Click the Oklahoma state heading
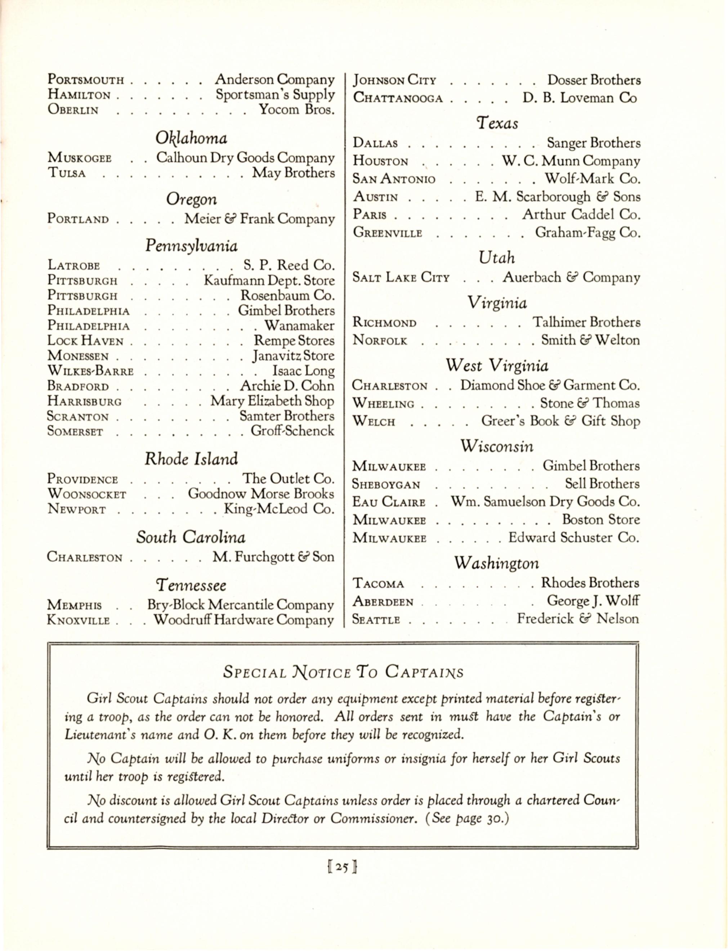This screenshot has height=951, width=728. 191,138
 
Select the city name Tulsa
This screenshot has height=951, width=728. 67,174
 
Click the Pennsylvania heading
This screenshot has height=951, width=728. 191,246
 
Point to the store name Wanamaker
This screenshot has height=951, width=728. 299,326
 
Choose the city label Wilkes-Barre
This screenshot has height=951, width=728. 90,372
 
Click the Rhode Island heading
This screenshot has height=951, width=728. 191,459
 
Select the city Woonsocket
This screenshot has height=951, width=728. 87,494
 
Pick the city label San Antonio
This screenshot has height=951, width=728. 394,179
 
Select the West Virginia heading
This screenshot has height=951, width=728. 497,366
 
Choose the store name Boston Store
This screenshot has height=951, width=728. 600,520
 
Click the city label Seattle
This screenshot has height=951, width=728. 376,620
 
